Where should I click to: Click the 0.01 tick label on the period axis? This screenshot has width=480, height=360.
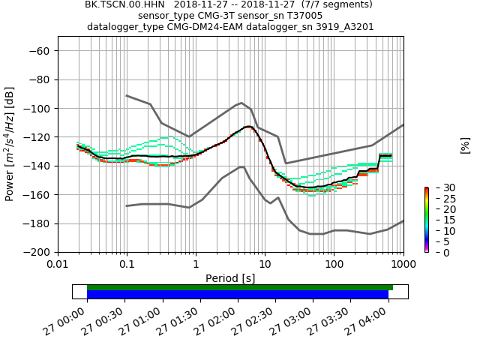click(58, 265)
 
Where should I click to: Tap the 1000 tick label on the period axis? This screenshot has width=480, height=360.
click(403, 265)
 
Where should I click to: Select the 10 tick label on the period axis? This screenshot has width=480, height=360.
click(265, 265)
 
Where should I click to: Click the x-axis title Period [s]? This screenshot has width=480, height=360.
click(230, 278)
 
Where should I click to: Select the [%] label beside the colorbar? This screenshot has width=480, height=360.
click(465, 145)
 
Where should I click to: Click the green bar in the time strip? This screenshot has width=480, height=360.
click(240, 287)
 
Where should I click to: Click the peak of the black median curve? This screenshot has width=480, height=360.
click(248, 126)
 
